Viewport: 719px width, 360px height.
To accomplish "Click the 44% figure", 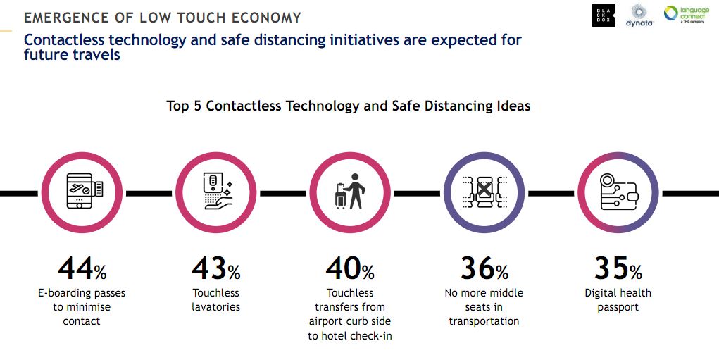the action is click(x=82, y=268).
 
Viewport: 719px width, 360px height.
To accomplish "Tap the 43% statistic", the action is click(x=216, y=268).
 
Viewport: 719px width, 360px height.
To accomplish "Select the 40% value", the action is click(x=350, y=268).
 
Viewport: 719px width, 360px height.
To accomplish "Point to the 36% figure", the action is click(x=484, y=268).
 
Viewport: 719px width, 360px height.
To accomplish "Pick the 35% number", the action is click(x=618, y=268).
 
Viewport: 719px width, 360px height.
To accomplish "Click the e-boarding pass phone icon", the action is click(x=85, y=191).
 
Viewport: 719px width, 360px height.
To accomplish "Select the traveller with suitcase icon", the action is click(x=350, y=192).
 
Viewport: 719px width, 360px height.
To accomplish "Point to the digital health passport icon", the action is click(x=619, y=192).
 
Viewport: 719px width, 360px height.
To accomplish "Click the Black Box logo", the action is click(x=604, y=15).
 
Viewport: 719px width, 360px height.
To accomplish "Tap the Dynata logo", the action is click(x=639, y=15).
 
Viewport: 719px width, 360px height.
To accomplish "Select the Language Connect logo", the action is click(x=687, y=14).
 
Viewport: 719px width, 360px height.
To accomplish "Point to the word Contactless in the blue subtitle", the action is click(x=65, y=40).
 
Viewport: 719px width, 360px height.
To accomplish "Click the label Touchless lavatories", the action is click(x=216, y=300).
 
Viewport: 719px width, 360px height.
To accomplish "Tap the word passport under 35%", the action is click(x=618, y=307).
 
